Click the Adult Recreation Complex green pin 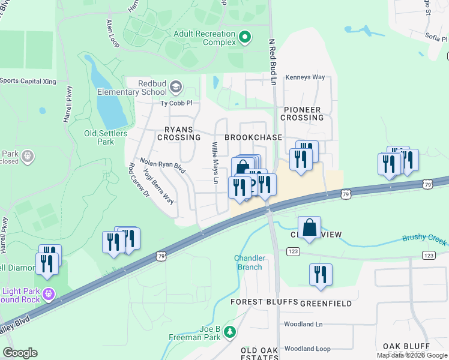point(244,38)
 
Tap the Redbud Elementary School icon point(175,88)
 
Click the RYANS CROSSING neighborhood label point(178,133)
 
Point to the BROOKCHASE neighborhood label point(253,137)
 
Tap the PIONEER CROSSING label point(303,113)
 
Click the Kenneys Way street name point(305,77)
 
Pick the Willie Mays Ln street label point(214,158)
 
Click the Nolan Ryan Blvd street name point(163,166)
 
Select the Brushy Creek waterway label point(424,239)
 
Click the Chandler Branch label point(248,262)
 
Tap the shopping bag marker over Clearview point(309,228)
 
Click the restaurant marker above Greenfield point(321,274)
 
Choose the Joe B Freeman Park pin point(229,332)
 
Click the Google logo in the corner point(20,352)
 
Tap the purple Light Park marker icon point(49,295)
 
